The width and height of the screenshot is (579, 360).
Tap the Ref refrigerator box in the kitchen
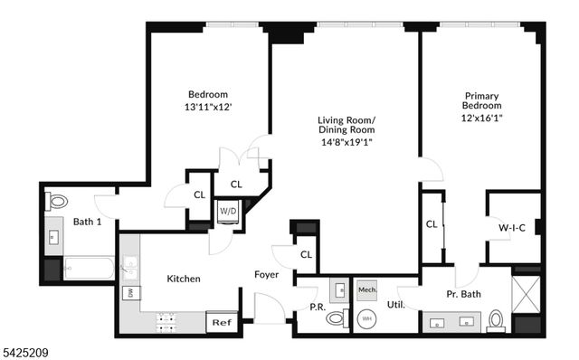tap(221, 322)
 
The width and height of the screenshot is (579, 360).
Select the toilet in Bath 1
tap(58, 201)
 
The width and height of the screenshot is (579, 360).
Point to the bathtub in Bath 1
tap(89, 269)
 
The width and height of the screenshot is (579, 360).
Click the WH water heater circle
tap(367, 317)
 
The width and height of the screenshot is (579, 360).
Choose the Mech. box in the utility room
tap(366, 289)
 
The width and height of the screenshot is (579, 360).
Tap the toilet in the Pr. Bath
tap(496, 319)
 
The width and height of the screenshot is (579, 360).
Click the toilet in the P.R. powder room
tap(337, 318)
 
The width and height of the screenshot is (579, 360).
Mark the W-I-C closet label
tap(512, 229)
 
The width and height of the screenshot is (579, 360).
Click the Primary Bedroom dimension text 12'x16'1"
tap(481, 118)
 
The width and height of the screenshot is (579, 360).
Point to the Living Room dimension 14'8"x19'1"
tap(346, 141)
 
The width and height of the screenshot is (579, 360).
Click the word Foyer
tap(266, 275)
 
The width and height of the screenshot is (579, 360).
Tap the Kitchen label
tap(183, 279)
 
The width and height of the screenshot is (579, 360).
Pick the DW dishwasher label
tap(131, 292)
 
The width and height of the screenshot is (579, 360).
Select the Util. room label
tap(394, 306)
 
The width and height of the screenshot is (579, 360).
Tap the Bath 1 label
tap(87, 222)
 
